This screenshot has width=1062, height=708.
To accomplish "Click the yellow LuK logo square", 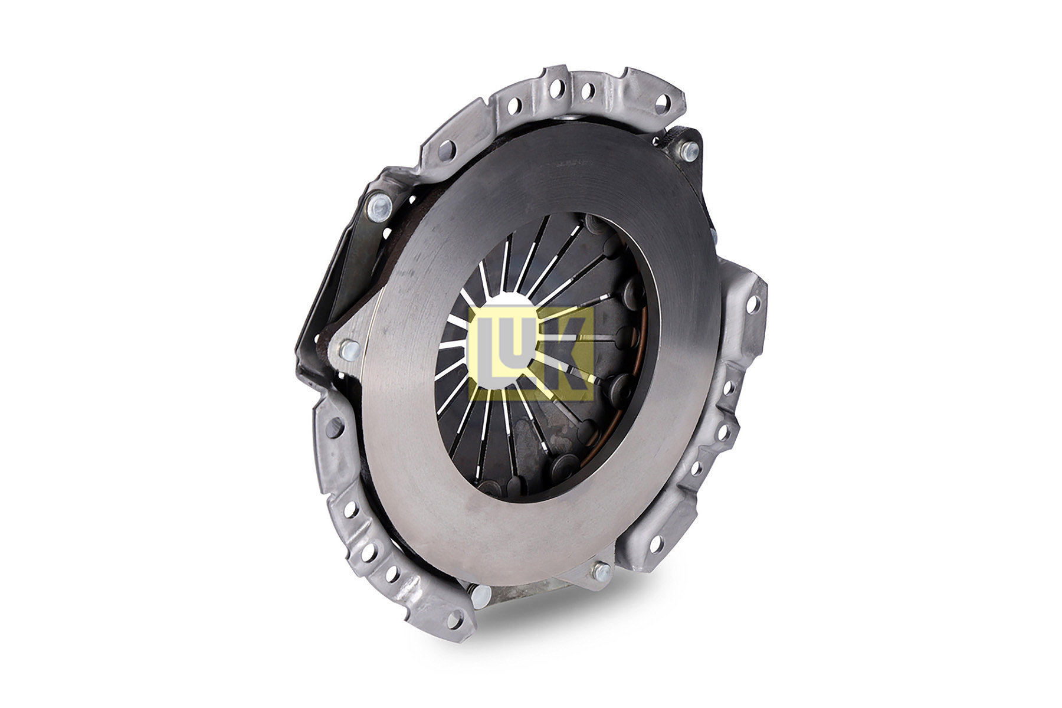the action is tap(531, 354).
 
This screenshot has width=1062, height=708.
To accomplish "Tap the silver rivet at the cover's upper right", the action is tap(689, 150).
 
